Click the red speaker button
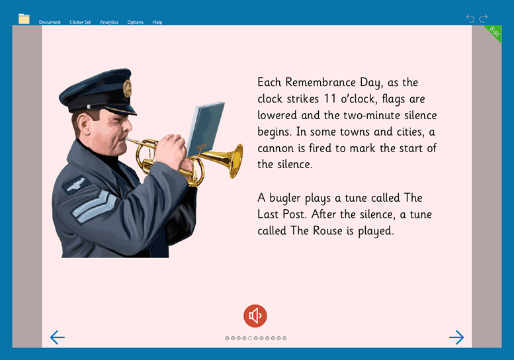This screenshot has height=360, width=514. coord(255,316)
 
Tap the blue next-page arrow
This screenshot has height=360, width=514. coord(456,337)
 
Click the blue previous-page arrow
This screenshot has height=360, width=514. coord(58,337)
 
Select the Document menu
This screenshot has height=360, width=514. coord(50,22)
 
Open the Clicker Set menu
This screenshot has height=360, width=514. coord(80,22)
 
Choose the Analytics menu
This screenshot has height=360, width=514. coord(109,22)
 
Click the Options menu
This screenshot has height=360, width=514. coord(136,22)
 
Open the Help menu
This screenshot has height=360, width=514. coord(157,22)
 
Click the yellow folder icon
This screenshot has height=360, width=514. coord(24,19)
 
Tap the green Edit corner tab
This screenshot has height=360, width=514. coord(494,32)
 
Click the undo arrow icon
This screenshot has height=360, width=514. coord(470,18)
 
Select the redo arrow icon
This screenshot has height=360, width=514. coord(484,18)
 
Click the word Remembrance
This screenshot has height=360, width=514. coord(320,82)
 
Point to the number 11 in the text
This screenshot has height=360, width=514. coord(330,99)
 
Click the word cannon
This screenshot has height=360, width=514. coord(275,148)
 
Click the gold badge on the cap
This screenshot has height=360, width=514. coord(127,88)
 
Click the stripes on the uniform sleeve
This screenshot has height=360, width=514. coord(94,206)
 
